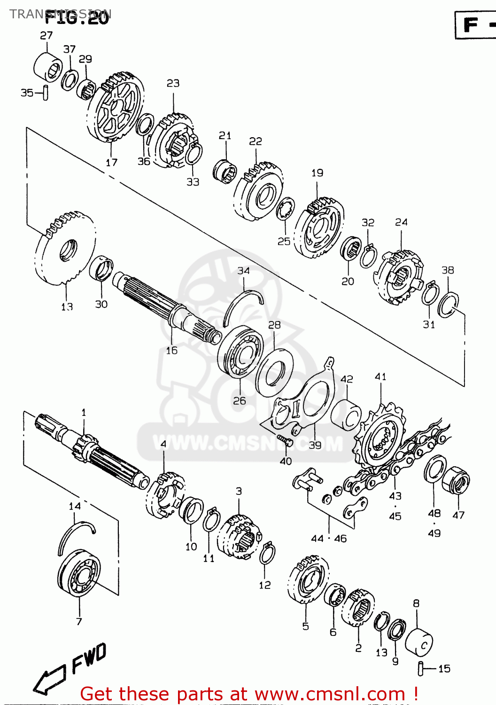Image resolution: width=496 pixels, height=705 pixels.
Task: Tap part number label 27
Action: (x=46, y=35)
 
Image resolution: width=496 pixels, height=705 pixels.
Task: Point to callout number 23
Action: (x=173, y=83)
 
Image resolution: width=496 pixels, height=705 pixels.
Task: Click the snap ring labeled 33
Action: (x=194, y=155)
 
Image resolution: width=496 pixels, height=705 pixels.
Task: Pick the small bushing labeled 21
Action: (x=225, y=170)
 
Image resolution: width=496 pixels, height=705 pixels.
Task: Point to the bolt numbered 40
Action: (x=285, y=440)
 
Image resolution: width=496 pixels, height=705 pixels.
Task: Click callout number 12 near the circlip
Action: (x=264, y=585)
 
